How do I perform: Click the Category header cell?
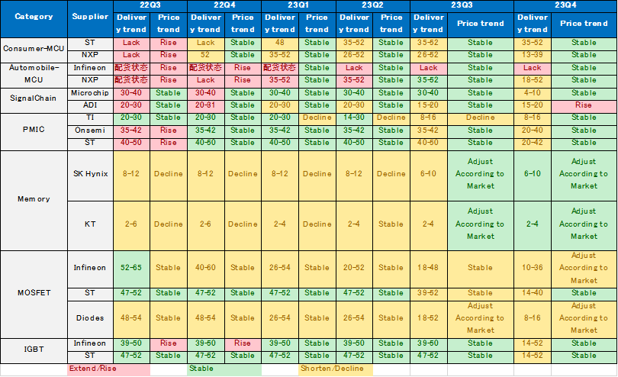tap(34, 17)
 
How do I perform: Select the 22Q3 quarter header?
tap(150, 5)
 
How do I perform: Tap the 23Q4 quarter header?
tap(565, 5)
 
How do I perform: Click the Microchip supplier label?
tap(90, 92)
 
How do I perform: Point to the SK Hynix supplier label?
tap(90, 173)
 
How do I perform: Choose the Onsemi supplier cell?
tap(90, 130)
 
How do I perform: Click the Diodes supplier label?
tap(90, 317)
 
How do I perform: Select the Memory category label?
tap(34, 199)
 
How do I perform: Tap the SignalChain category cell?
tap(34, 98)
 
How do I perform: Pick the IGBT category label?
tap(34, 349)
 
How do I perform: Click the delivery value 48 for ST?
tap(280, 43)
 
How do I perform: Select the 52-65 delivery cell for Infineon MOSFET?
tap(131, 268)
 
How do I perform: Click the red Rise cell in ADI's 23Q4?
tap(584, 105)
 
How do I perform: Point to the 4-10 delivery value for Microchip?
tap(533, 92)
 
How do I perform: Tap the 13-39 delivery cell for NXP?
tap(533, 55)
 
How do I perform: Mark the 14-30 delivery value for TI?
tap(354, 118)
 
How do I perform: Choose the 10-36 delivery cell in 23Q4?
tap(533, 268)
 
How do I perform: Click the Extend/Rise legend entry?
tap(92, 369)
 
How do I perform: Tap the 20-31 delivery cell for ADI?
tap(205, 105)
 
